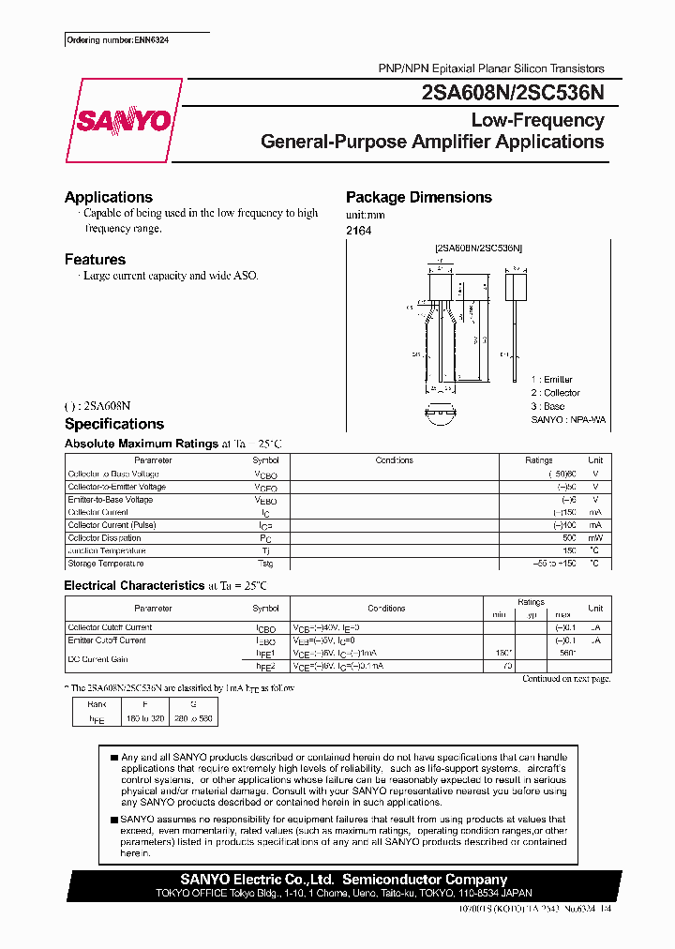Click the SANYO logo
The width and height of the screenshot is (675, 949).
point(123,122)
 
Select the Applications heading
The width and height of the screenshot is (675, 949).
point(108,197)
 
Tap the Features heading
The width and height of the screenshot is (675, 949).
point(95,259)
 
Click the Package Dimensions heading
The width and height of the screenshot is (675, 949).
point(418,197)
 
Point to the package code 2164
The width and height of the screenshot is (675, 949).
point(358,230)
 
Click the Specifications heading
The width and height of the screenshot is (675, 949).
point(113,424)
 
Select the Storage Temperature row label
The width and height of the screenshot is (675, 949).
point(106,564)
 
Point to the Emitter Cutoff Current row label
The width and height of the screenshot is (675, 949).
point(107,640)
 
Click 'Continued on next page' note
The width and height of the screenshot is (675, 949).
point(565,678)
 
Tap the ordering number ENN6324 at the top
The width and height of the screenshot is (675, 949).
point(117,41)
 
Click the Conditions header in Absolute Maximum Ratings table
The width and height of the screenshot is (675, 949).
point(394,460)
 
